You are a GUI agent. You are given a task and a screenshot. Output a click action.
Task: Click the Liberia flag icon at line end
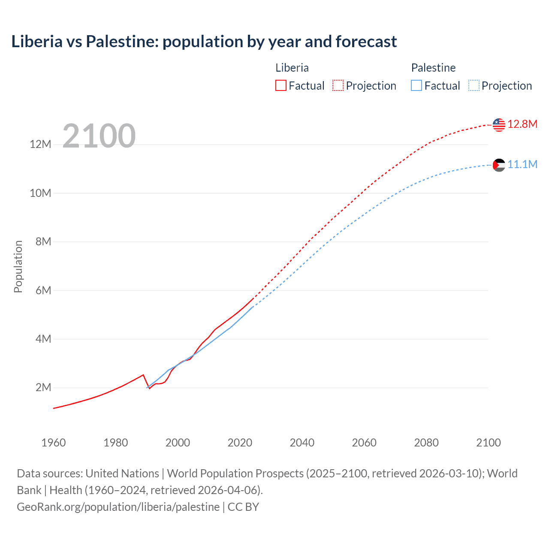pyautogui.click(x=499, y=125)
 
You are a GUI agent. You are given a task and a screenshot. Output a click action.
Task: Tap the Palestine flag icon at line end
pyautogui.click(x=499, y=165)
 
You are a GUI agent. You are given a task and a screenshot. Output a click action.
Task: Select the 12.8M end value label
pyautogui.click(x=522, y=124)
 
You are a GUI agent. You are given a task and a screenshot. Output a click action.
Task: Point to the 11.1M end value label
pyautogui.click(x=522, y=165)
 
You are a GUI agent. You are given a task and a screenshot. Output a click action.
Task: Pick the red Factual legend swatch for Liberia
pyautogui.click(x=281, y=85)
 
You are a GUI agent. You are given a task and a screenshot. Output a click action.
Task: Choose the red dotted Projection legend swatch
pyautogui.click(x=338, y=85)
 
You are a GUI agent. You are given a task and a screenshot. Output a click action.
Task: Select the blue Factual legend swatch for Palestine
pyautogui.click(x=416, y=85)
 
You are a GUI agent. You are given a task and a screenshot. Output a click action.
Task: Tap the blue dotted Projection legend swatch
pyautogui.click(x=474, y=85)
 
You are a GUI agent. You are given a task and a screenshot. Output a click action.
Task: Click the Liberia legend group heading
pyautogui.click(x=292, y=68)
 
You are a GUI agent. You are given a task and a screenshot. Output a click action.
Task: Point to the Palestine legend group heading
pyautogui.click(x=433, y=68)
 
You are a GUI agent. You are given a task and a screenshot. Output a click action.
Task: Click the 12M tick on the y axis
pyautogui.click(x=40, y=145)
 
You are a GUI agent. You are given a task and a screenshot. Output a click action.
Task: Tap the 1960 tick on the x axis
pyautogui.click(x=54, y=443)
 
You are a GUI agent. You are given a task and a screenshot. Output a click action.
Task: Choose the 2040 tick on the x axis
pyautogui.click(x=302, y=443)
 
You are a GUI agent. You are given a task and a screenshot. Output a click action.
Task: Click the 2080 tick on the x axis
pyautogui.click(x=426, y=443)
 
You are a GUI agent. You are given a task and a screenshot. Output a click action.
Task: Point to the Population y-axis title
pyautogui.click(x=18, y=266)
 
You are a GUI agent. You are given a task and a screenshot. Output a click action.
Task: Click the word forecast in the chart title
pyautogui.click(x=366, y=42)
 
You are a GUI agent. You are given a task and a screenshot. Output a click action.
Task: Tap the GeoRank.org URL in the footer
pyautogui.click(x=118, y=507)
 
